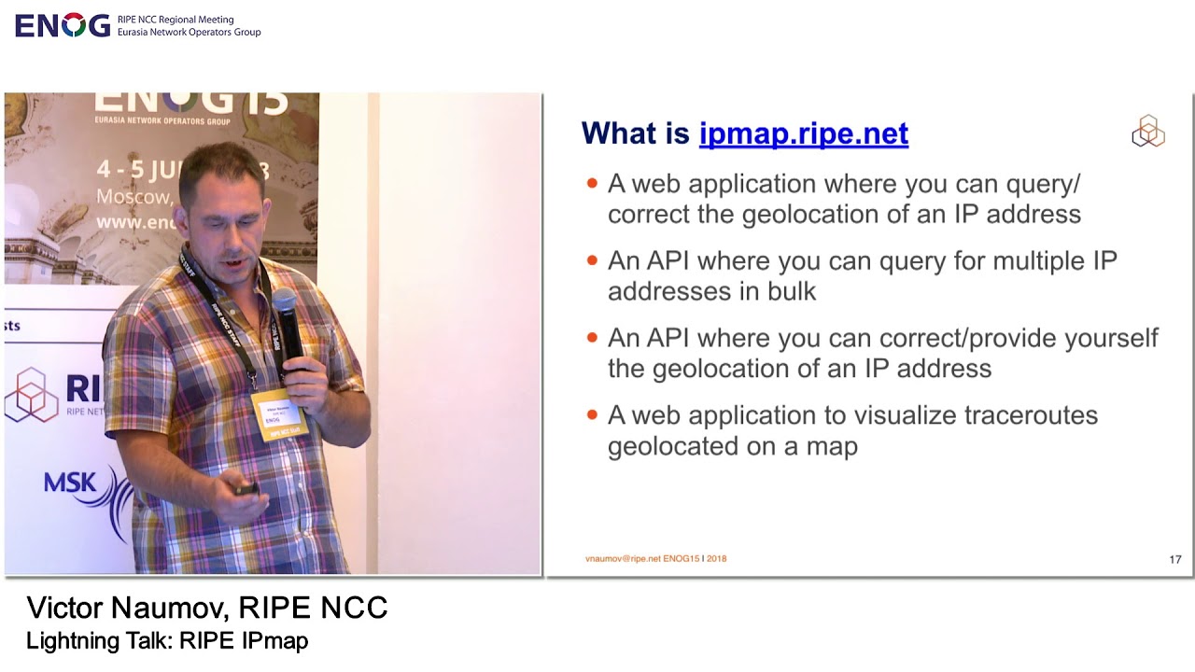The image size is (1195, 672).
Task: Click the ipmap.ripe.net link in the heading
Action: [x=803, y=133]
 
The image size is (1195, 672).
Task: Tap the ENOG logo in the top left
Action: [x=63, y=25]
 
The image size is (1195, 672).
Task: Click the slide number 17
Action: [x=1174, y=559]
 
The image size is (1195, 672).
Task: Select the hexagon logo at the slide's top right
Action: [x=1147, y=132]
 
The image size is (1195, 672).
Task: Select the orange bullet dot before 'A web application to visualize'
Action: [x=592, y=414]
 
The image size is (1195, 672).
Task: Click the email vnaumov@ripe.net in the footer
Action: [x=623, y=559]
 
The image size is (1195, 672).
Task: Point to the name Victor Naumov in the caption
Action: [x=125, y=608]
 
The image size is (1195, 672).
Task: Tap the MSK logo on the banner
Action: [x=71, y=483]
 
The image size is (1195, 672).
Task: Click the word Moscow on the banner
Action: [x=134, y=197]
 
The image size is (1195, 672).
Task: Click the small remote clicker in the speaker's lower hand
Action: [x=247, y=488]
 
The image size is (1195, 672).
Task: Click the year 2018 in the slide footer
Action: [x=716, y=559]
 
